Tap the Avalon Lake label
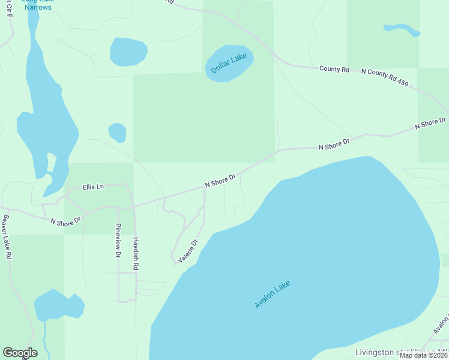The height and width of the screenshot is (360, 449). click(x=273, y=295)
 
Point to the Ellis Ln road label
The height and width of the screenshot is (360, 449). click(x=93, y=187)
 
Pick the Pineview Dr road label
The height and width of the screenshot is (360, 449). click(x=118, y=241)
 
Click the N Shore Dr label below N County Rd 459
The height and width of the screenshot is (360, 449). click(x=431, y=124)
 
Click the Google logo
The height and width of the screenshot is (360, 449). click(x=20, y=353)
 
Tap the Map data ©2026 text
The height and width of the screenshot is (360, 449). click(x=424, y=355)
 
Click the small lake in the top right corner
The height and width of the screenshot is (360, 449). click(x=401, y=28)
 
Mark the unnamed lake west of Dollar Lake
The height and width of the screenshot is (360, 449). click(x=128, y=52)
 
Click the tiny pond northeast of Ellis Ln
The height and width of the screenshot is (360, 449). click(x=117, y=132)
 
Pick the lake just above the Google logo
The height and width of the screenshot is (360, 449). click(x=58, y=307)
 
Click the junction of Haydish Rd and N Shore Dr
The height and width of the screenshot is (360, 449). click(x=134, y=206)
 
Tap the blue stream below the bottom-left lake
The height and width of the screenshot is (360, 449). click(x=46, y=339)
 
